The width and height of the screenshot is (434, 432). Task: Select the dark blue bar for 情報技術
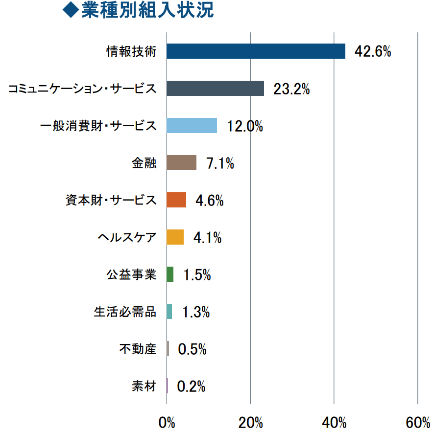pyautogui.click(x=256, y=51)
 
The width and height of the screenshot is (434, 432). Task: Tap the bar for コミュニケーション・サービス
pyautogui.click(x=215, y=88)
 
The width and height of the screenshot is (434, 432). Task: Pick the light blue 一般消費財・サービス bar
pyautogui.click(x=192, y=125)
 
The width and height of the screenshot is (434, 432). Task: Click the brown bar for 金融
pyautogui.click(x=181, y=162)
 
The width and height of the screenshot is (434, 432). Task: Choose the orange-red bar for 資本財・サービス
pyautogui.click(x=176, y=200)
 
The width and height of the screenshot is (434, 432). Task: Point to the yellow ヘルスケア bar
pyautogui.click(x=175, y=237)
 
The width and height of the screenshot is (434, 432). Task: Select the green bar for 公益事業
pyautogui.click(x=170, y=274)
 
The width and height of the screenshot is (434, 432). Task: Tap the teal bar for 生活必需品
pyautogui.click(x=169, y=311)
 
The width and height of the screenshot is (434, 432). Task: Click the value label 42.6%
pyautogui.click(x=373, y=51)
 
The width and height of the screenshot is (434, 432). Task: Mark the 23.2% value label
pyautogui.click(x=291, y=89)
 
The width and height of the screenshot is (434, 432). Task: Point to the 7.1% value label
pyautogui.click(x=220, y=163)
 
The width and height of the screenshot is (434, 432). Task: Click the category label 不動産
pyautogui.click(x=138, y=349)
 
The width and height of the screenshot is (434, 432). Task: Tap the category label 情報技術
pyautogui.click(x=131, y=51)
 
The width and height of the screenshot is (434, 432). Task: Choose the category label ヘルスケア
pyautogui.click(x=127, y=237)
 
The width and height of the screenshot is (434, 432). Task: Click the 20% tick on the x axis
pyautogui.click(x=251, y=422)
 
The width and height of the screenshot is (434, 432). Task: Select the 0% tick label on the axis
pyautogui.click(x=167, y=422)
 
